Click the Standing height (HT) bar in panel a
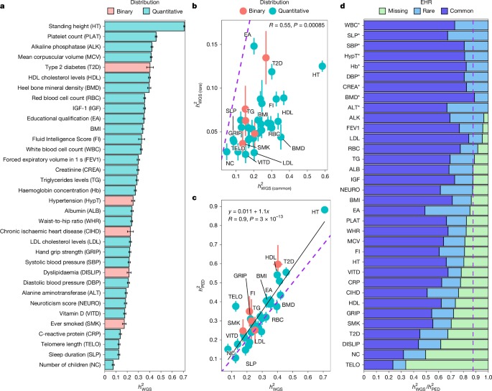(x=144, y=27)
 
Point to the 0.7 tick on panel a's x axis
(x=183, y=377)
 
